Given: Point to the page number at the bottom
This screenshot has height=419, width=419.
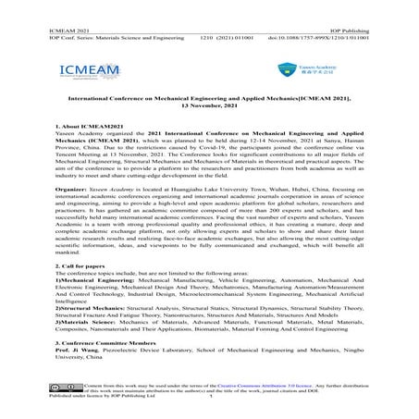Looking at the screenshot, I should pos(211,413).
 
